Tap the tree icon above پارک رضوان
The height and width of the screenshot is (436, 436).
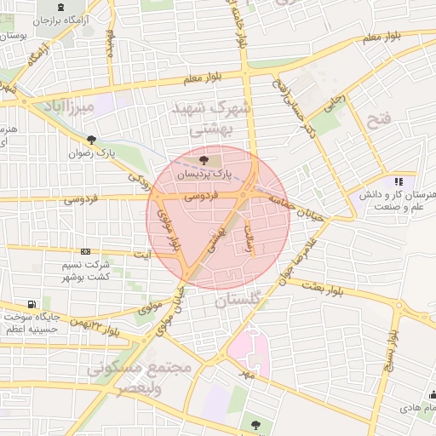pyautogui.click(x=91, y=141)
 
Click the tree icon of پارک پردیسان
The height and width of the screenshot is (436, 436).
pyautogui.click(x=203, y=159)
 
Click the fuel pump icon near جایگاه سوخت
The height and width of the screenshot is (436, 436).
pyautogui.click(x=32, y=304)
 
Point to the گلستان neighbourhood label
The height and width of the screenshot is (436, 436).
pyautogui.click(x=241, y=301)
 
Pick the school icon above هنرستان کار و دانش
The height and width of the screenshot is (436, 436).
pyautogui.click(x=398, y=181)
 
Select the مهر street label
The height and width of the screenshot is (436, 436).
pyautogui.click(x=246, y=373)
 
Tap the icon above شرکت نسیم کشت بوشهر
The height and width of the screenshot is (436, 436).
pyautogui.click(x=85, y=251)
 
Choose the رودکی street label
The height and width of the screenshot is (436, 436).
pyautogui.click(x=138, y=179)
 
